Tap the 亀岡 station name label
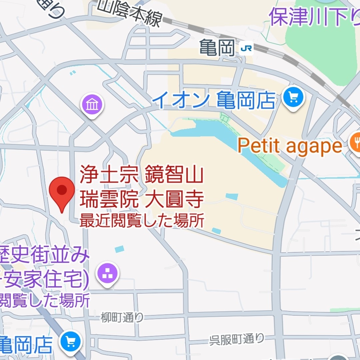(218, 48)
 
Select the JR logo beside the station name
(246, 49)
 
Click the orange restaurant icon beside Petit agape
(355, 142)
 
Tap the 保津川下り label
(313, 17)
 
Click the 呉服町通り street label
(237, 339)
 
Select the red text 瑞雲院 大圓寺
(141, 200)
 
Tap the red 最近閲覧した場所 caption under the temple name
(141, 221)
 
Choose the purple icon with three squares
(108, 274)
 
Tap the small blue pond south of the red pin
(119, 249)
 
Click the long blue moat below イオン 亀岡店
(230, 143)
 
